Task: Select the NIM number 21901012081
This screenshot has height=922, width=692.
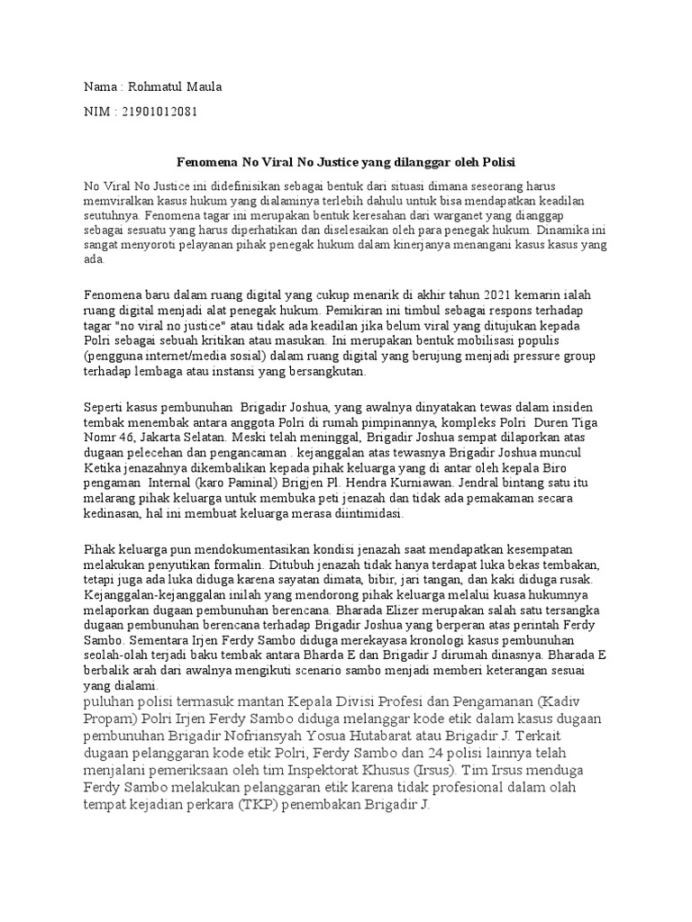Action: (x=156, y=113)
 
